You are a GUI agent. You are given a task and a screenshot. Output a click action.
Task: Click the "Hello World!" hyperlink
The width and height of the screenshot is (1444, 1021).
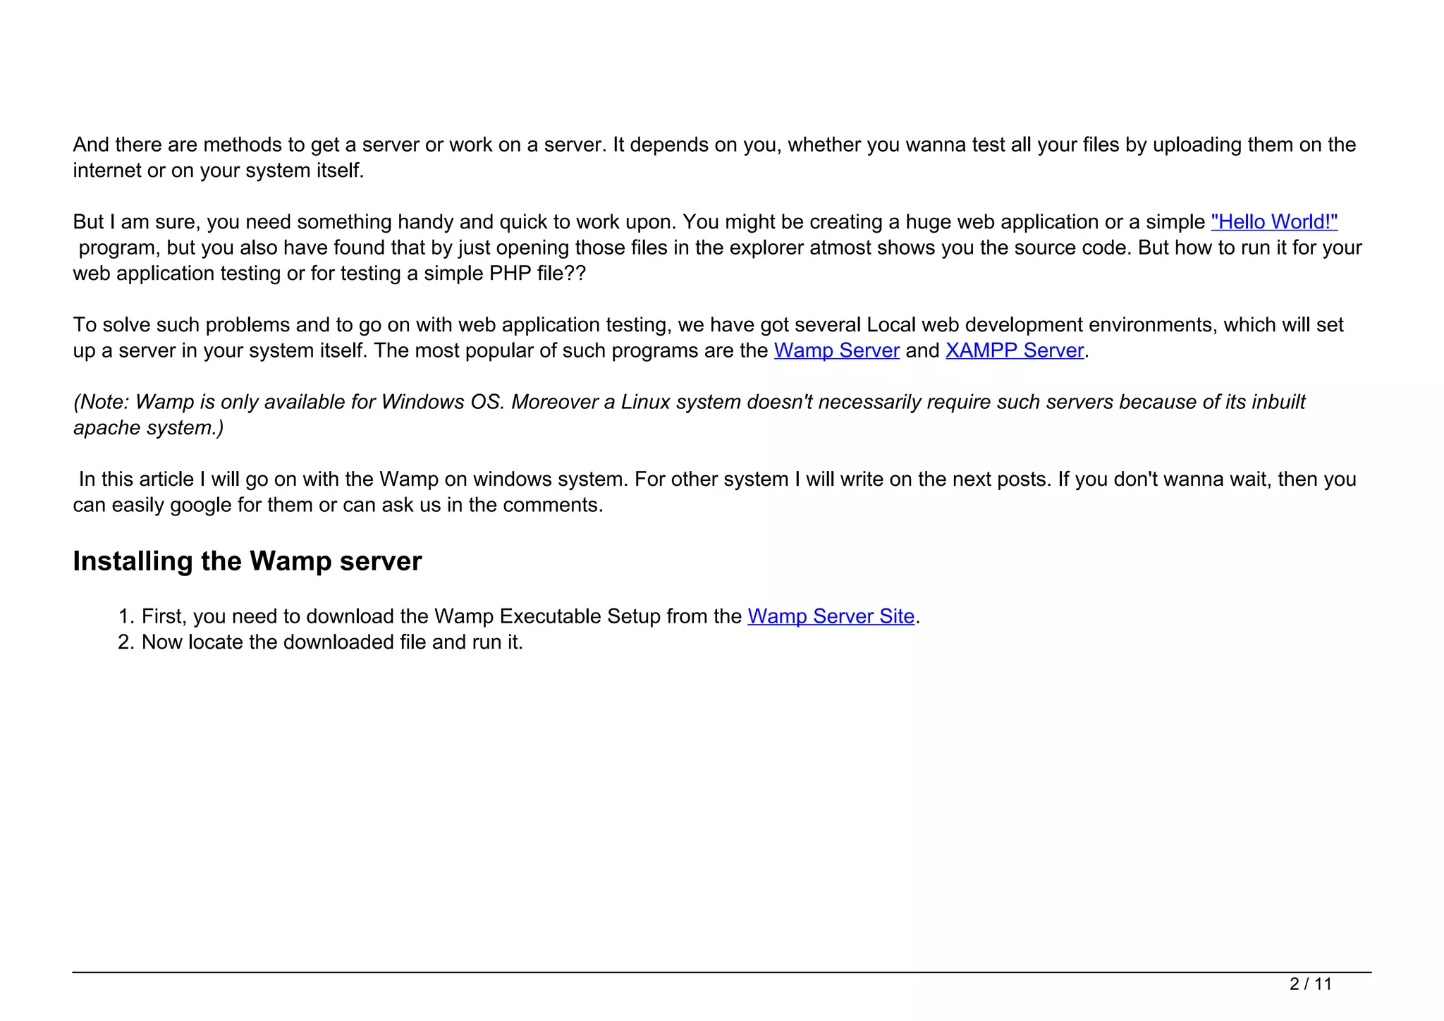pos(1273,222)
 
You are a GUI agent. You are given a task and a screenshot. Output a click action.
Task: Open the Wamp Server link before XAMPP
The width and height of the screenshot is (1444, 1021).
pos(836,350)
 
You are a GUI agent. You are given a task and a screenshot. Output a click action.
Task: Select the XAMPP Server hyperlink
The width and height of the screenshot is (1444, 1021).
pos(1014,350)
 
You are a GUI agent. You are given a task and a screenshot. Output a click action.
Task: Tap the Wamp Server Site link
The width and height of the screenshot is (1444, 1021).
pos(831,616)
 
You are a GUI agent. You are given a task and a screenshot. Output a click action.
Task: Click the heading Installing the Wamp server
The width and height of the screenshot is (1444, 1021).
pos(247,561)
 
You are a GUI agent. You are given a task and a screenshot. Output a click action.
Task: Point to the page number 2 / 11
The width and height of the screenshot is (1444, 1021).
pos(1310,984)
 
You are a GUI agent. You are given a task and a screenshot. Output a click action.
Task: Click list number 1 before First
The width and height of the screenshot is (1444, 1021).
pos(126,616)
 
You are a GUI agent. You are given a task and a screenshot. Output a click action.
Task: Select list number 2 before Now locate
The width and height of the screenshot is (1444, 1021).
pos(126,642)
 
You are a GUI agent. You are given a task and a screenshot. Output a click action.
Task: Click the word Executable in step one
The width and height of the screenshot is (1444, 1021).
pos(550,616)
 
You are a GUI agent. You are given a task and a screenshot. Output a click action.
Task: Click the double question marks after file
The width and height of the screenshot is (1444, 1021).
pos(575,274)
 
